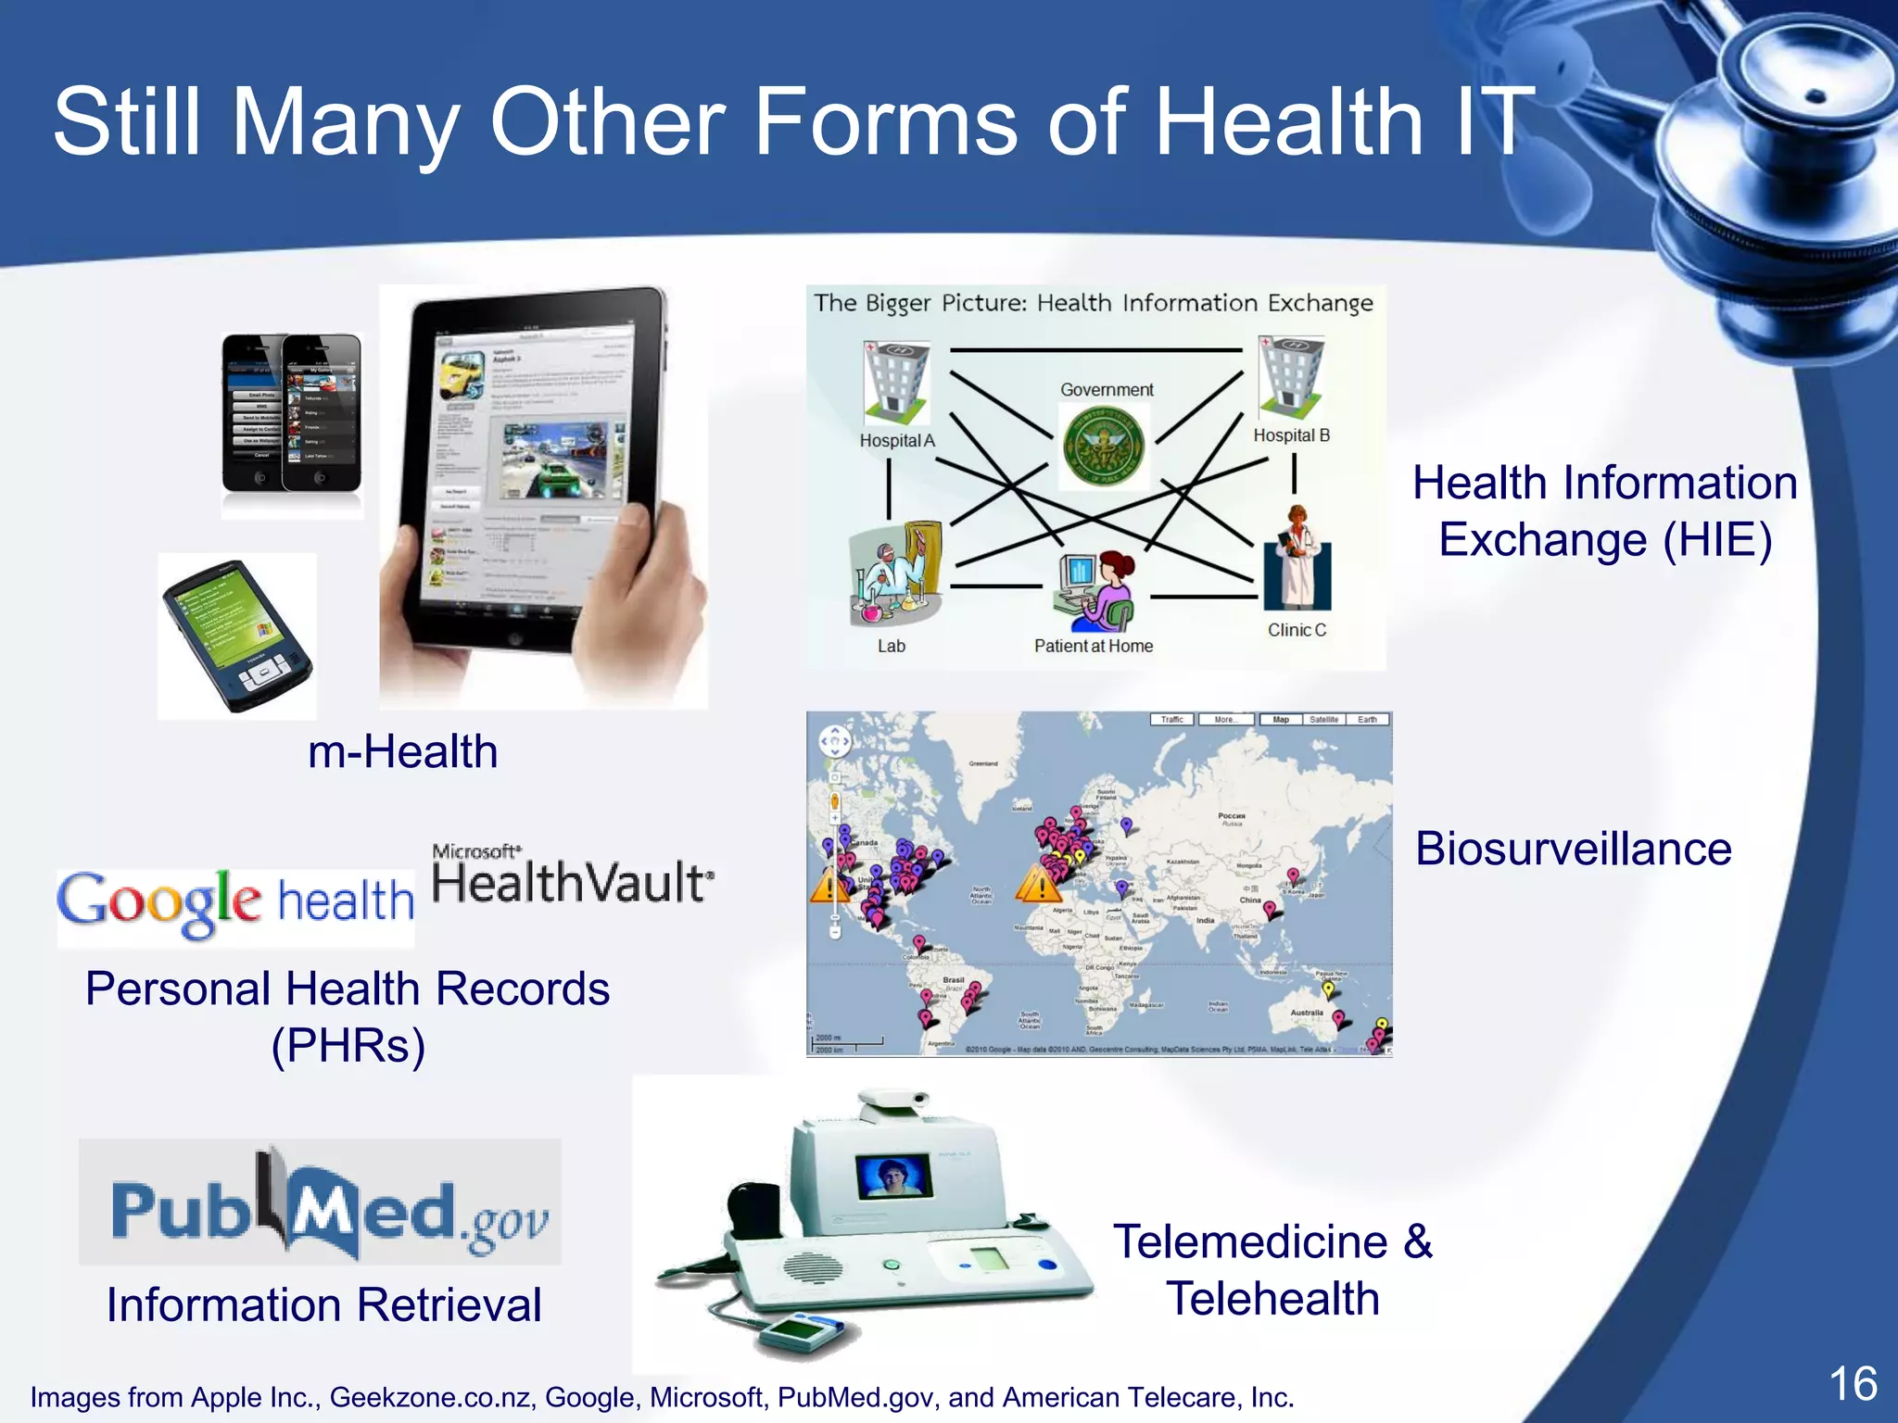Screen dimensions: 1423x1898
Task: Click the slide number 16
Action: pyautogui.click(x=1852, y=1384)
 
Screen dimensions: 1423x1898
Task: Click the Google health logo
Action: pyautogui.click(x=235, y=904)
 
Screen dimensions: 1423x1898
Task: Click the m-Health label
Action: pyautogui.click(x=402, y=751)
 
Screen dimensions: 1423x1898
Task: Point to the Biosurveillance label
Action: pyautogui.click(x=1573, y=849)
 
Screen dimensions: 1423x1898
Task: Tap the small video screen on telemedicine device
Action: pyautogui.click(x=893, y=1176)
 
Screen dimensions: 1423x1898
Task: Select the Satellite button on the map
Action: pyautogui.click(x=1323, y=720)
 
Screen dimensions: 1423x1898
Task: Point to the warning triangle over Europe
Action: pyautogui.click(x=1039, y=884)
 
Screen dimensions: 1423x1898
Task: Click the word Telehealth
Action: pyautogui.click(x=1272, y=1299)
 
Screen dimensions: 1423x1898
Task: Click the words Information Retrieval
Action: pyautogui.click(x=323, y=1304)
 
